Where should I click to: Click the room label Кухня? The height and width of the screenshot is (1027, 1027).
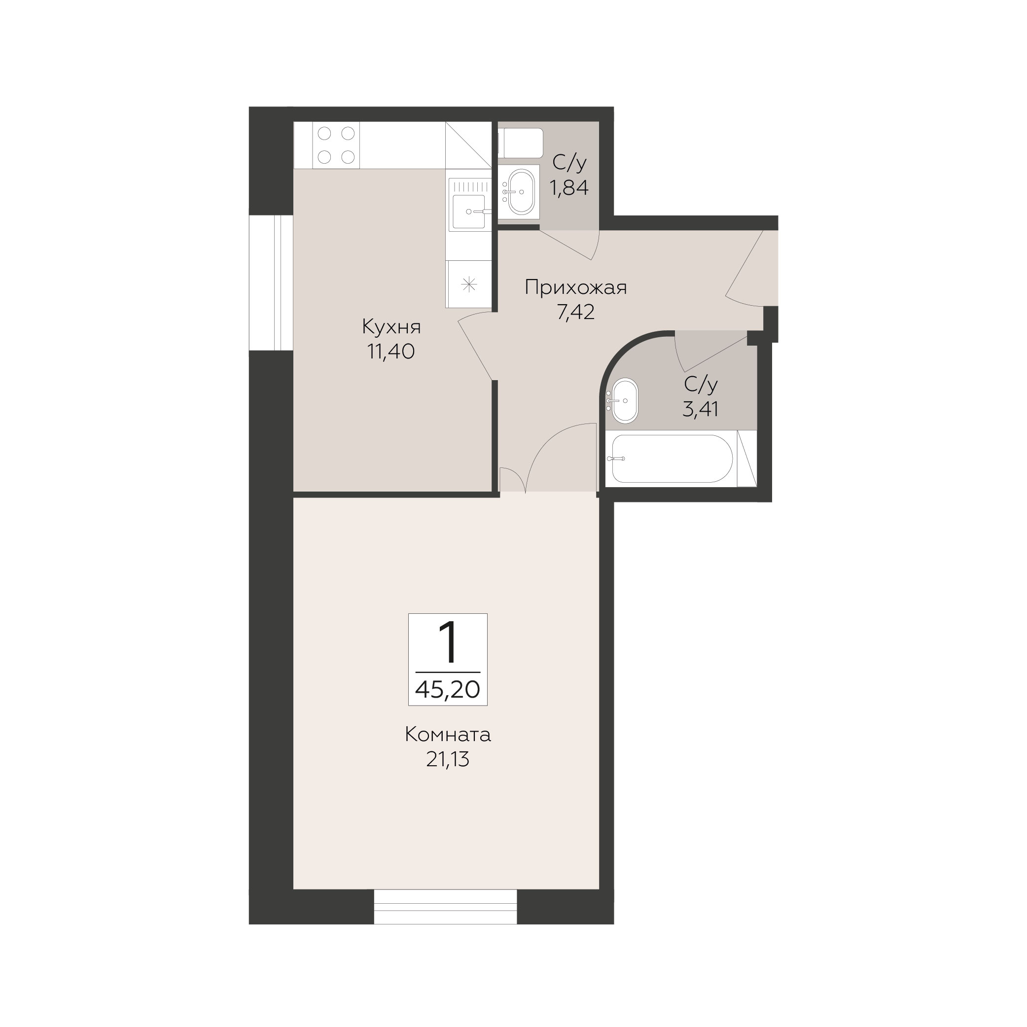pos(391,327)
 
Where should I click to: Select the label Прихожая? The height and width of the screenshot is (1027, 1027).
pos(576,287)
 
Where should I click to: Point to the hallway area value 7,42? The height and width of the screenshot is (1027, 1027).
pos(576,312)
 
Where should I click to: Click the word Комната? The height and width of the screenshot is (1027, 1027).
pos(448,735)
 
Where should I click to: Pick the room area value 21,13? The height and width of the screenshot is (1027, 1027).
pos(448,760)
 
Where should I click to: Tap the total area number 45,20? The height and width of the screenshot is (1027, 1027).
pos(448,689)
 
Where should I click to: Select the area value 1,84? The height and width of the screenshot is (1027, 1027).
pos(569,188)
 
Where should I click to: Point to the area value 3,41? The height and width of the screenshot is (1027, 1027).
pos(701,409)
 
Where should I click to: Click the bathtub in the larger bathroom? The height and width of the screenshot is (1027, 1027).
pos(672,459)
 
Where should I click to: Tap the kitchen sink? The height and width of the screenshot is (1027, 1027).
pos(469,205)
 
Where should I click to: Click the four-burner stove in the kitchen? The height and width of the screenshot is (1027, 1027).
pos(336,145)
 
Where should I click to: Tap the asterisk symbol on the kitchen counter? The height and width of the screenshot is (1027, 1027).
pos(469,285)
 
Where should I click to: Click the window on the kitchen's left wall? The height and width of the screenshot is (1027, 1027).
pos(271,283)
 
